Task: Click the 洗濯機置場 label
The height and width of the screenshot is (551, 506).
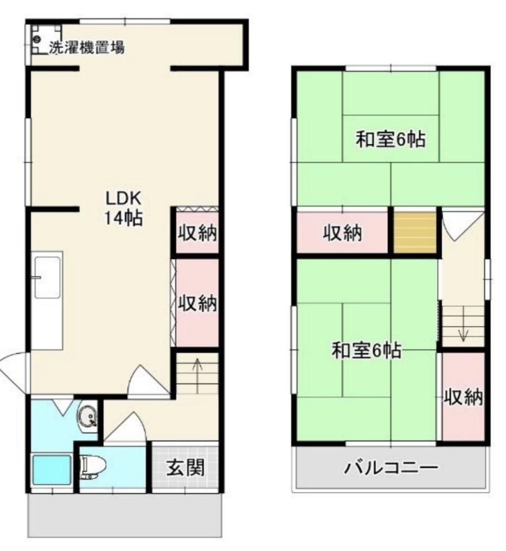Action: coord(87,47)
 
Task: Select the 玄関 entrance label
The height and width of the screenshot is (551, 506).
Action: coord(185,467)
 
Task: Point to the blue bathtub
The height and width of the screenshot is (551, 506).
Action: coord(52,470)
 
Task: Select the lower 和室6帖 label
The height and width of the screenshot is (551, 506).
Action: coord(366,351)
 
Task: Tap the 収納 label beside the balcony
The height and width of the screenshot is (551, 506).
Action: coord(463,398)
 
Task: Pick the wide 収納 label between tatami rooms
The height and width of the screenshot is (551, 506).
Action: coord(343,233)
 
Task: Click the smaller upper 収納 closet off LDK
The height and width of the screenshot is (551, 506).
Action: coord(197,234)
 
